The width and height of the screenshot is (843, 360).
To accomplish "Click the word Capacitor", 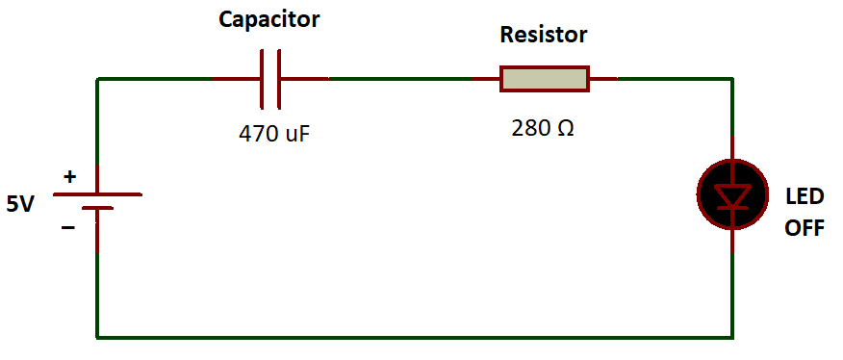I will pyautogui.click(x=270, y=18).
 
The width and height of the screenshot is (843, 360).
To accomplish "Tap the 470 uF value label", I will pyautogui.click(x=274, y=133).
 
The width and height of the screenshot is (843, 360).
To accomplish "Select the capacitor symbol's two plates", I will pyautogui.click(x=269, y=78).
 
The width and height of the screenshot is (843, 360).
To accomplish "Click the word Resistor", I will pyautogui.click(x=543, y=36).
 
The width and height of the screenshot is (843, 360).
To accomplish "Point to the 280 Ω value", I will pyautogui.click(x=543, y=127).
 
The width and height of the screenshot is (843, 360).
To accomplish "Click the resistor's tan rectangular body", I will pyautogui.click(x=544, y=79).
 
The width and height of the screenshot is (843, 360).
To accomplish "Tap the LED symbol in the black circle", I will pyautogui.click(x=733, y=194).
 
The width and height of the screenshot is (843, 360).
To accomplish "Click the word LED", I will pyautogui.click(x=805, y=197).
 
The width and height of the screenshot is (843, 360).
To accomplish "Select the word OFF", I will pyautogui.click(x=805, y=229).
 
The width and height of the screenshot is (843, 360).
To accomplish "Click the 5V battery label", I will pyautogui.click(x=20, y=204).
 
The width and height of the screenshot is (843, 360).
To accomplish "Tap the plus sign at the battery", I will pyautogui.click(x=69, y=177).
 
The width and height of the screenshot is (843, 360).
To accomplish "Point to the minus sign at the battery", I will pyautogui.click(x=68, y=228).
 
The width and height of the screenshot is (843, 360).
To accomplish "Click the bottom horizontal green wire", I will pyautogui.click(x=414, y=337).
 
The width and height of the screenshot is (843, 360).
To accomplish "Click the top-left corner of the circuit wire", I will pyautogui.click(x=97, y=79).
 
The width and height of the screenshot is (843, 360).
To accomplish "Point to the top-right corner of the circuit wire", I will pyautogui.click(x=732, y=79).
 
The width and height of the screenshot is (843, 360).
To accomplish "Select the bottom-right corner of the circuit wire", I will pyautogui.click(x=732, y=337).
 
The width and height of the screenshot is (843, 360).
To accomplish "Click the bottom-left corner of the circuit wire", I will pyautogui.click(x=97, y=337).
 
